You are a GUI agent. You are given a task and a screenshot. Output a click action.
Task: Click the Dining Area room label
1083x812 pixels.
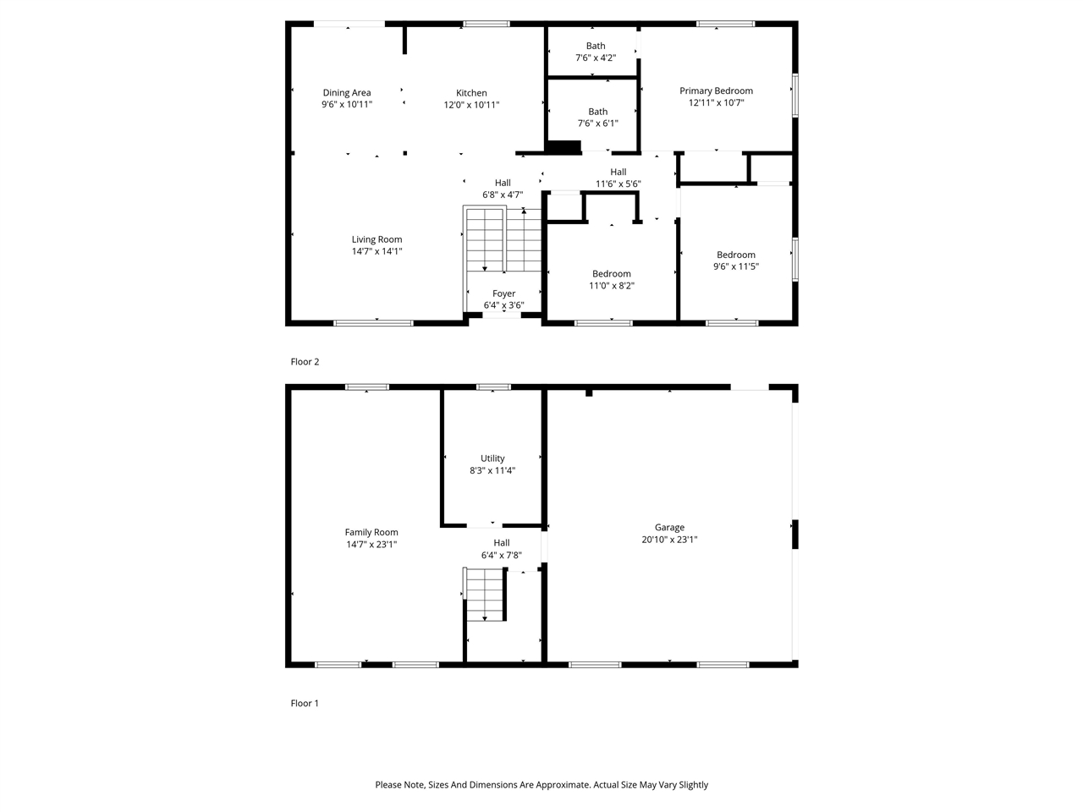347,93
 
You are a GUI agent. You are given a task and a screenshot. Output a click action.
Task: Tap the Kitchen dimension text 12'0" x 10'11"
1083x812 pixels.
471,105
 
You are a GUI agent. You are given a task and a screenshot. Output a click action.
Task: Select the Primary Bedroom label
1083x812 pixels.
716,91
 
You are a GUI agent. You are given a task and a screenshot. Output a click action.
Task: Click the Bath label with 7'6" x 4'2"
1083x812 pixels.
596,47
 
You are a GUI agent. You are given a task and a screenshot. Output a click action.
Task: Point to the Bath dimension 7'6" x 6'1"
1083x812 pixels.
597,123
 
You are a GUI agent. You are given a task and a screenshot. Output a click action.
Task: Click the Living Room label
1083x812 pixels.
377,239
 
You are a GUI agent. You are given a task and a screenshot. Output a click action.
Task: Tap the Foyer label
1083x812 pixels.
503,294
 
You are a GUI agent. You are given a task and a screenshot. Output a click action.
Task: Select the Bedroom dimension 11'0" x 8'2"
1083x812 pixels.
611,286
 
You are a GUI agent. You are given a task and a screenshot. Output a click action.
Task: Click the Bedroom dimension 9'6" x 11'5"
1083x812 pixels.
735,266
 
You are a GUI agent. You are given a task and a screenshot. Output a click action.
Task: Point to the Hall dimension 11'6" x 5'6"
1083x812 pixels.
618,184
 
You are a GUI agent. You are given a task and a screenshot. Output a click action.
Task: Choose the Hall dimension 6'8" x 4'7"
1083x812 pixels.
503,195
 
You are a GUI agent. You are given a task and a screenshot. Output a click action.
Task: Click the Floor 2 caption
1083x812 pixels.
305,362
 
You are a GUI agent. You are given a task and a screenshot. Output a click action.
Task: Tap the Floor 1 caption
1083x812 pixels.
305,704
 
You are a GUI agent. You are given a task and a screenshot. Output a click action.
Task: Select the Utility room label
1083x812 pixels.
492,458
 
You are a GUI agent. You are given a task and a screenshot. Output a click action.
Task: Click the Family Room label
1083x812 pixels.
371,532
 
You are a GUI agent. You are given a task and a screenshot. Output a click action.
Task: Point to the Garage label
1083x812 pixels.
668,527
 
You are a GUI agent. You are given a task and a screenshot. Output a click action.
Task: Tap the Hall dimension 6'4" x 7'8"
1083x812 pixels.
501,556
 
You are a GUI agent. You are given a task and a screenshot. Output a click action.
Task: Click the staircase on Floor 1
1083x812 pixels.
486,595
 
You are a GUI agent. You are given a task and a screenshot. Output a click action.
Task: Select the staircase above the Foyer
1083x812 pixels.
503,240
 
